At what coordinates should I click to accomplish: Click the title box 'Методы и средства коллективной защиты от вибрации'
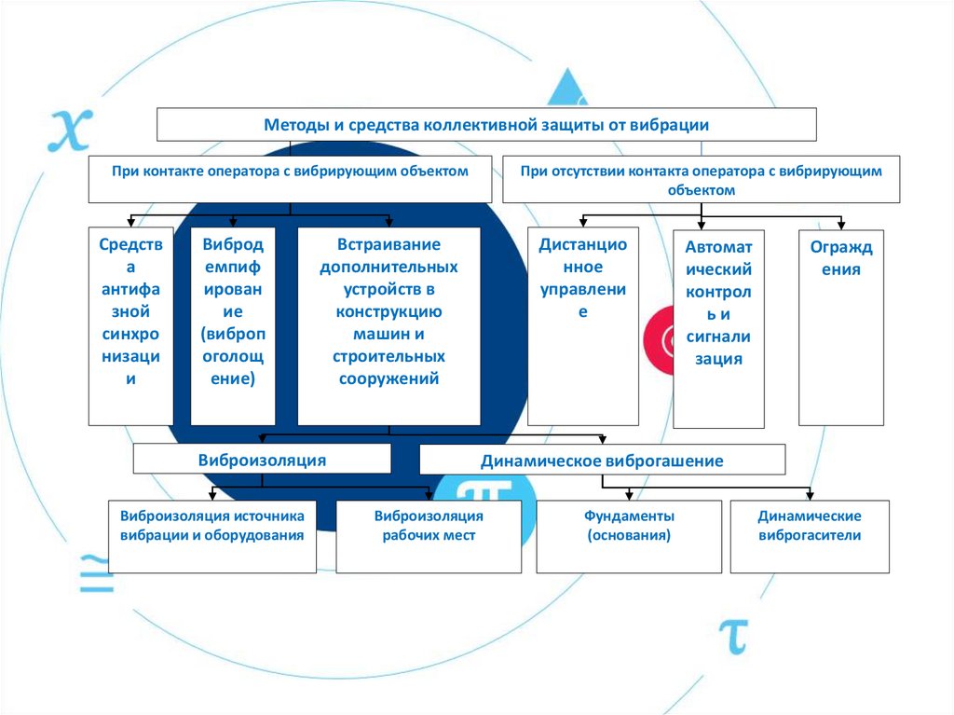click(x=486, y=124)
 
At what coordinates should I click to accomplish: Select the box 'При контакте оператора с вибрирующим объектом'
click(x=290, y=179)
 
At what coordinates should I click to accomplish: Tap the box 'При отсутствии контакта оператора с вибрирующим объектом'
click(x=701, y=179)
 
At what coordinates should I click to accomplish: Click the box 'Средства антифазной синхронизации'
click(x=130, y=325)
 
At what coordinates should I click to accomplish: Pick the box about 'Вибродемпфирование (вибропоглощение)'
click(x=233, y=325)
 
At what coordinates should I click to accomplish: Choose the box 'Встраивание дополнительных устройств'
click(x=388, y=325)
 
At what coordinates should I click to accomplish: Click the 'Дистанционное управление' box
click(x=583, y=325)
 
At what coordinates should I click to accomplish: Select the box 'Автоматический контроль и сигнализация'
click(x=717, y=328)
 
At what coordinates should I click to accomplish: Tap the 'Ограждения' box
click(x=841, y=325)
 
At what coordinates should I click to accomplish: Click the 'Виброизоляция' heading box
click(x=262, y=459)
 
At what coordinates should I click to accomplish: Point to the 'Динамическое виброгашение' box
click(x=602, y=460)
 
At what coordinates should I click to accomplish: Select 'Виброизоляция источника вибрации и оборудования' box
click(x=212, y=536)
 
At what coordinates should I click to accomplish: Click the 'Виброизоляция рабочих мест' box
click(x=429, y=536)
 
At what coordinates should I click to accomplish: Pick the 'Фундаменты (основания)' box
click(x=629, y=536)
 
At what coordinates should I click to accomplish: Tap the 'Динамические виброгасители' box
click(x=810, y=536)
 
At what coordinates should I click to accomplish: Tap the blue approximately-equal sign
click(x=94, y=571)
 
